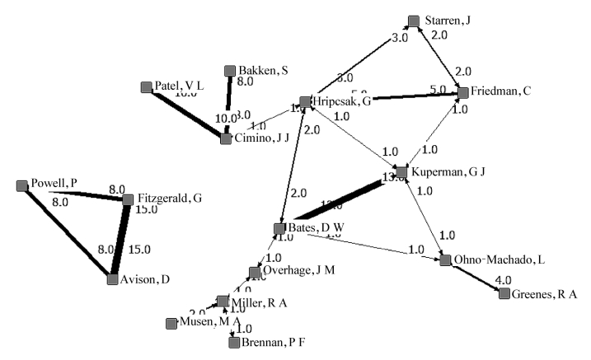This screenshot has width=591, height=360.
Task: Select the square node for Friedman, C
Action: tap(463, 92)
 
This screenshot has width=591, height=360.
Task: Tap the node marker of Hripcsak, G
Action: tap(305, 102)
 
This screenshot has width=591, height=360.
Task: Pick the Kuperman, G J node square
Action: tap(401, 171)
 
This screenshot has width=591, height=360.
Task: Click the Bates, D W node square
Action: tap(279, 228)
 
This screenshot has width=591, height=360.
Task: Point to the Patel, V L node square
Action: tap(148, 86)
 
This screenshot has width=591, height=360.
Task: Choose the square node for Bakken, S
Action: tap(230, 71)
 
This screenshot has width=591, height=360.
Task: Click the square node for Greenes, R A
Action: tap(504, 292)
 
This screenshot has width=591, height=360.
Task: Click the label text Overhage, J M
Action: tap(300, 270)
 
